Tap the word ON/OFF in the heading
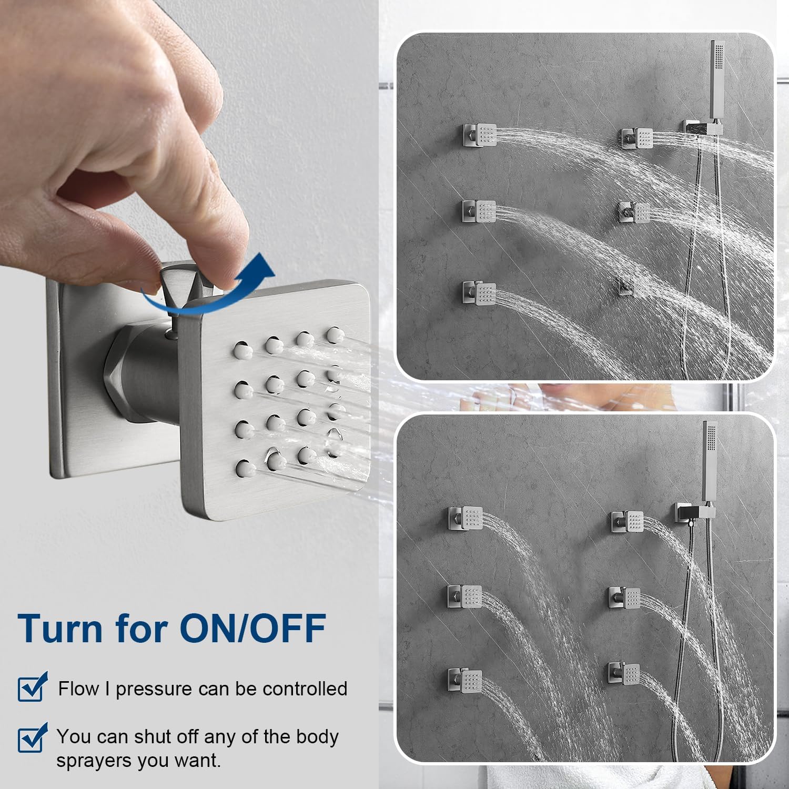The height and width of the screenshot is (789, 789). click(253, 628)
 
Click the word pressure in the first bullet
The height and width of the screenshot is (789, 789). click(154, 690)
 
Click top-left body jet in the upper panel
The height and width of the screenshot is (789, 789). click(479, 135)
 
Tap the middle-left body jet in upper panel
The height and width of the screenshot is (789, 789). click(479, 211)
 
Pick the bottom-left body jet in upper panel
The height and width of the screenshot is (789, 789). click(479, 293)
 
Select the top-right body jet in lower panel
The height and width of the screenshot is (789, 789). click(628, 522)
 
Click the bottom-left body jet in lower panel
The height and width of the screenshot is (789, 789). click(465, 681)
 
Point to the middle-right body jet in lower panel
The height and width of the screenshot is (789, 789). click(625, 599)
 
